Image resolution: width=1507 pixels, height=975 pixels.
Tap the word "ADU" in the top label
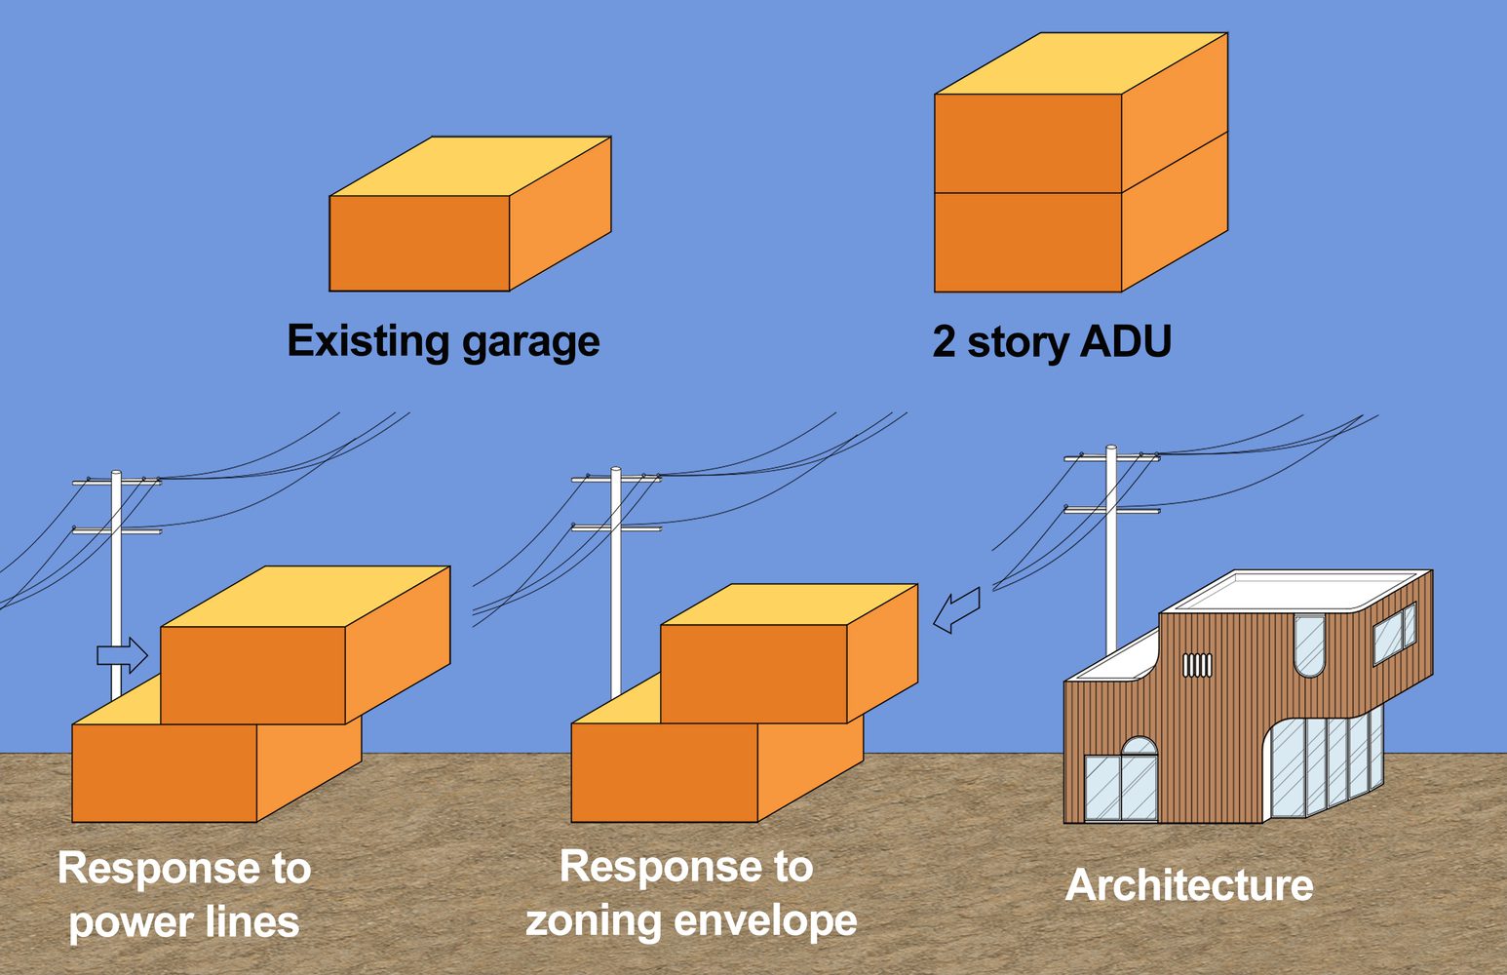(1125, 342)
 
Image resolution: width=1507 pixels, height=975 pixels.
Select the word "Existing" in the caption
(367, 341)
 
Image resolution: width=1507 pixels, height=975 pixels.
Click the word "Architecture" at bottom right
(1188, 885)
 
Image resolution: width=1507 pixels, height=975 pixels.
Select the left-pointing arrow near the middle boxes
(956, 609)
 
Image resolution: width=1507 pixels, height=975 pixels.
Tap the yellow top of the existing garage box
(470, 167)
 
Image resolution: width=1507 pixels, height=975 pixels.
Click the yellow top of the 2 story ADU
(1080, 64)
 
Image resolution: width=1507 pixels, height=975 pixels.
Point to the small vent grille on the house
(1197, 665)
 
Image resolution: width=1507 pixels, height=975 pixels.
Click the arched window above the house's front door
(1139, 746)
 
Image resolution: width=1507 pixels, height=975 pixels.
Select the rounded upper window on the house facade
(1309, 643)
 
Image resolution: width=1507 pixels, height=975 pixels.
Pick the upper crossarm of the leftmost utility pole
(117, 481)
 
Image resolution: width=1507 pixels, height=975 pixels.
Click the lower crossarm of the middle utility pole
(616, 527)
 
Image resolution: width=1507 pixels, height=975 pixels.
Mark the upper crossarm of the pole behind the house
(1111, 456)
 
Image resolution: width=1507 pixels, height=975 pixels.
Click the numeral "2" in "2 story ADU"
(944, 342)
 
